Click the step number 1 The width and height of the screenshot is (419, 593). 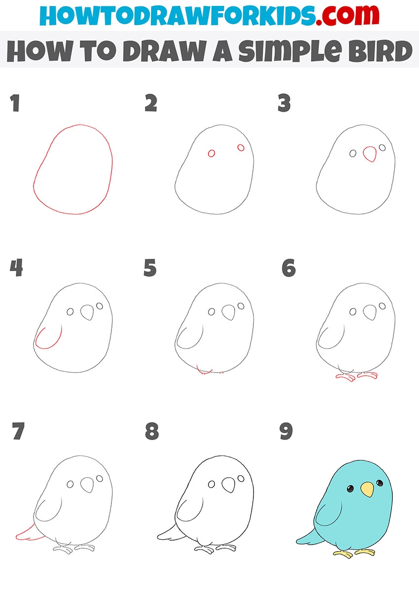15,103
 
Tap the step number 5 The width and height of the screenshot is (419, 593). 150,268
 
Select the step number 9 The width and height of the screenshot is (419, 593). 286,431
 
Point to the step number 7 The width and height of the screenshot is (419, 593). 18,431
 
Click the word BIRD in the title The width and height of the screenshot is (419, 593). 381,51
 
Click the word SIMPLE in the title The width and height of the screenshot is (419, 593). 289,51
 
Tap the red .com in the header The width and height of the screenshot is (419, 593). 348,15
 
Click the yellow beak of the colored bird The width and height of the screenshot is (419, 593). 367,489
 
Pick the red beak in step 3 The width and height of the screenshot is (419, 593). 370,154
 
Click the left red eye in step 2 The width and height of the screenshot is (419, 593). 211,153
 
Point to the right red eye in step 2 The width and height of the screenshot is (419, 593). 241,147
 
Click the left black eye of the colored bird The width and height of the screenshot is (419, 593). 350,488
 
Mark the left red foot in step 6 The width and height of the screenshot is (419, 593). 346,377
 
